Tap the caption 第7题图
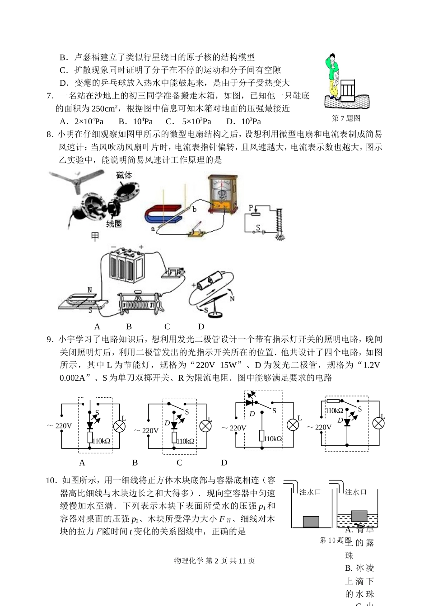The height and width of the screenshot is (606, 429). [x=346, y=118]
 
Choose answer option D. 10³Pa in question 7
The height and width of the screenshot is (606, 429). [x=244, y=121]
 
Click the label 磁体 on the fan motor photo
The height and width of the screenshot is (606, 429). [x=124, y=175]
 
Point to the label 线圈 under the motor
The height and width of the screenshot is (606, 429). [x=113, y=223]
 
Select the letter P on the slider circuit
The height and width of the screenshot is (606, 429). [x=251, y=208]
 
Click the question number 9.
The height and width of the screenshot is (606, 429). [x=50, y=340]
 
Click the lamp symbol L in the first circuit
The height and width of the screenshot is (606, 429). [x=119, y=427]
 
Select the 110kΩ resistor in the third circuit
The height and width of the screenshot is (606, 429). [x=262, y=436]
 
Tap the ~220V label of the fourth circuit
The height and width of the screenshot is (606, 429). [x=319, y=427]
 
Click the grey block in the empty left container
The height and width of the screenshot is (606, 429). [x=311, y=522]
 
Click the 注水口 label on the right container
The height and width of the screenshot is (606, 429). [x=356, y=492]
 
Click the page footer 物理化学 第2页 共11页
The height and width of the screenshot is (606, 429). [x=214, y=561]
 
